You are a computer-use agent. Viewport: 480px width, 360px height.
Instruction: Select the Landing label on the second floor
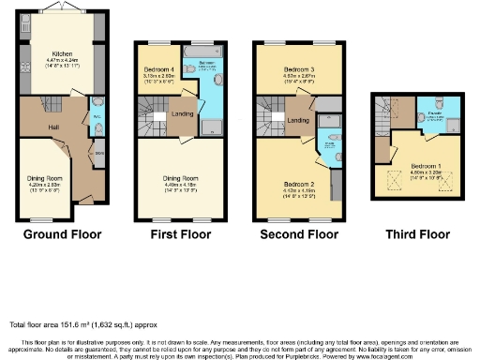point(300,120)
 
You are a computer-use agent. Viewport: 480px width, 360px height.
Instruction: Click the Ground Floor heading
point(61,233)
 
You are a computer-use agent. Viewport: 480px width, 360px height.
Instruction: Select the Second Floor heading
point(299,233)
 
